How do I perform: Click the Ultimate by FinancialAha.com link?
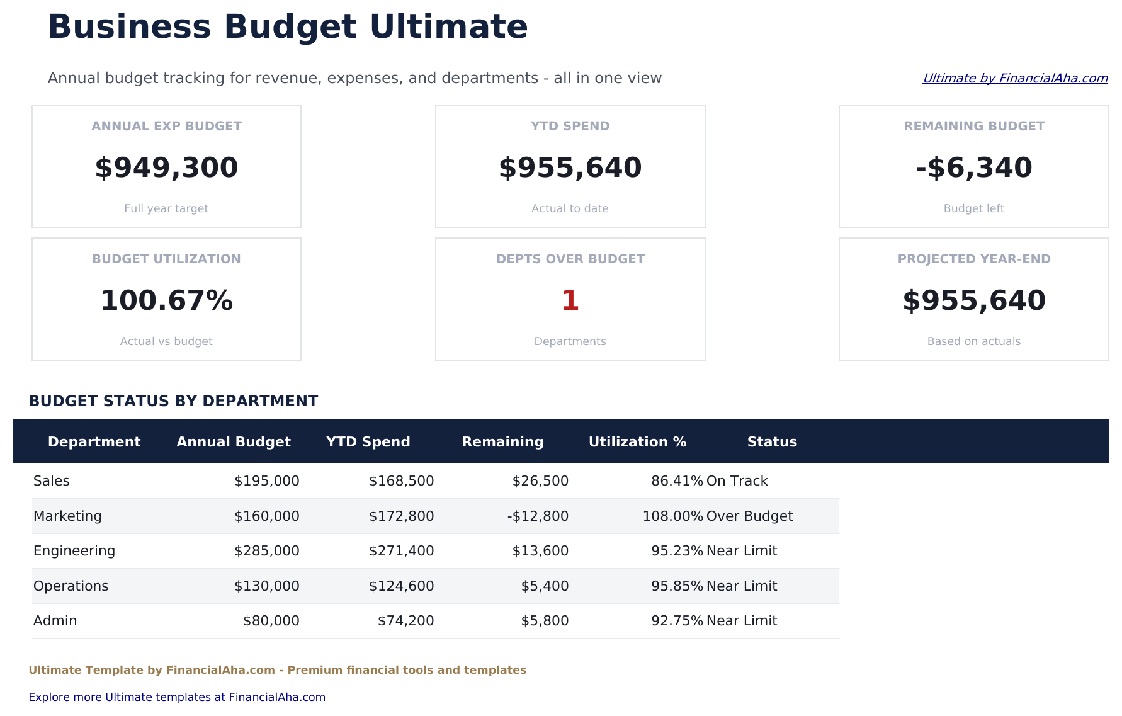pos(1014,78)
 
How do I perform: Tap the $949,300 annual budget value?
pos(166,168)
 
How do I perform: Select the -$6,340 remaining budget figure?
pos(973,168)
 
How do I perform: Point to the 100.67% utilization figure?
pos(166,300)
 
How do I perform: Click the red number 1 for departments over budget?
pos(570,300)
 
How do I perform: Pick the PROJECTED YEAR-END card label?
pos(973,259)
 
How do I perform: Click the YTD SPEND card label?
pos(570,126)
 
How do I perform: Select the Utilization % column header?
pos(637,441)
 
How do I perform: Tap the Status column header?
pos(772,441)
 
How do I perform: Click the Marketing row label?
pos(67,516)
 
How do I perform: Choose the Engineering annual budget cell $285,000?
pos(266,551)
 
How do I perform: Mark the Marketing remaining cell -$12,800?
pos(538,516)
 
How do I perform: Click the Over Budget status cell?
pos(749,516)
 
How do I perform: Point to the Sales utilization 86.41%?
pos(677,481)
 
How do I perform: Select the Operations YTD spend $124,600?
pos(401,586)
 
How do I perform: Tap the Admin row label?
pos(55,621)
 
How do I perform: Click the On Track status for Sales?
pos(737,481)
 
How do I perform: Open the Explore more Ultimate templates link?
pos(177,697)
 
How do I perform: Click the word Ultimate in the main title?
pos(448,27)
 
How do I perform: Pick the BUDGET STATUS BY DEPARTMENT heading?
pos(173,401)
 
